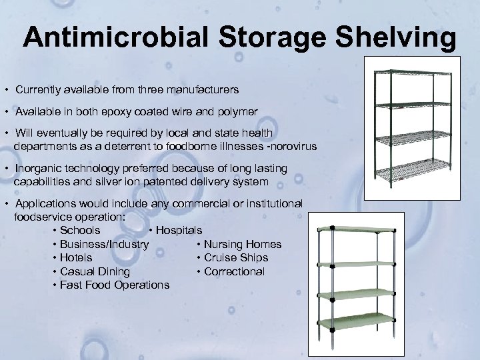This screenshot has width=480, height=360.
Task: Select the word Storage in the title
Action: point(290,38)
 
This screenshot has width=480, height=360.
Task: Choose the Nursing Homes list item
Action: point(243,245)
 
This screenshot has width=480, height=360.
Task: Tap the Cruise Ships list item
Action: point(236,258)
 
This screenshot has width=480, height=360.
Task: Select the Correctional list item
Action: point(234,271)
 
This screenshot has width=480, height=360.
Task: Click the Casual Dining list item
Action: point(95,271)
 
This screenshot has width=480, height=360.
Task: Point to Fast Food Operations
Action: point(114,285)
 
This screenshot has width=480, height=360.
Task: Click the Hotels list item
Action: point(76,258)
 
